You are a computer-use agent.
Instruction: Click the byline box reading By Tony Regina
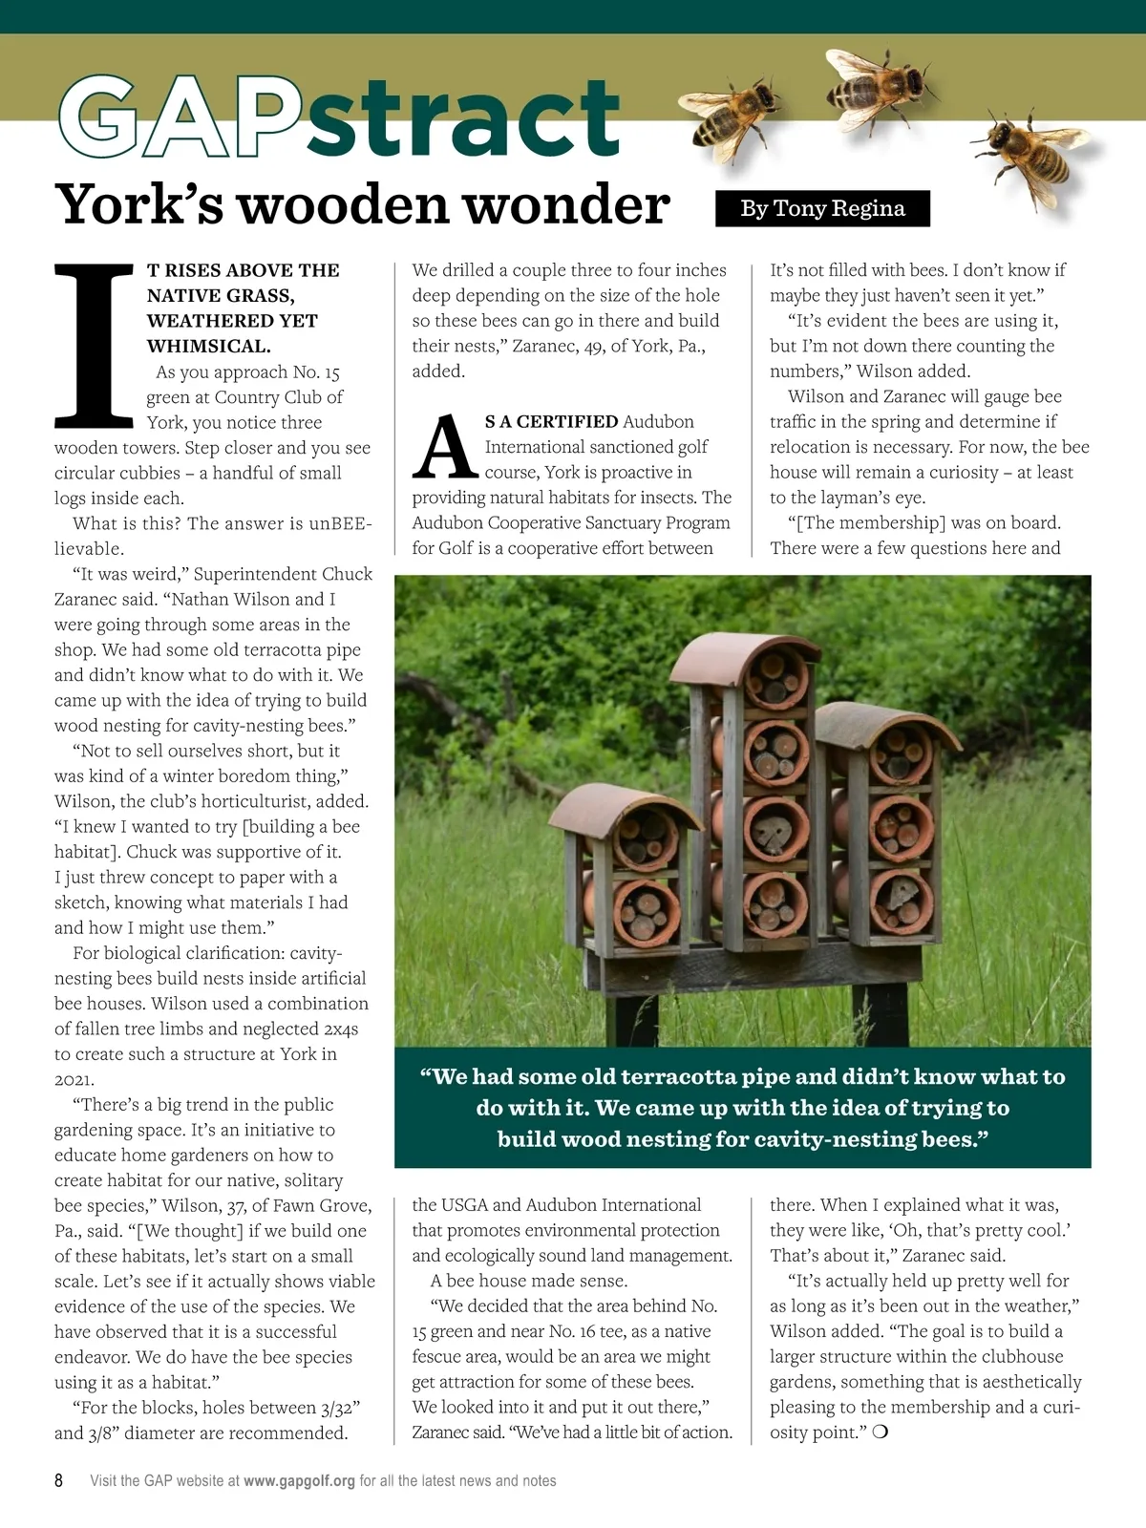click(x=822, y=208)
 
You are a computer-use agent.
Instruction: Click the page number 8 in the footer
click(x=58, y=1480)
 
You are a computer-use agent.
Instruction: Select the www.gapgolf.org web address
click(x=299, y=1480)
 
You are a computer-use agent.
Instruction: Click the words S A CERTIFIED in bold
click(x=551, y=421)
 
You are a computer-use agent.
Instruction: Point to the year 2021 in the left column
click(x=74, y=1079)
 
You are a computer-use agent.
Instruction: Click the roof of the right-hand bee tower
click(x=887, y=725)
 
